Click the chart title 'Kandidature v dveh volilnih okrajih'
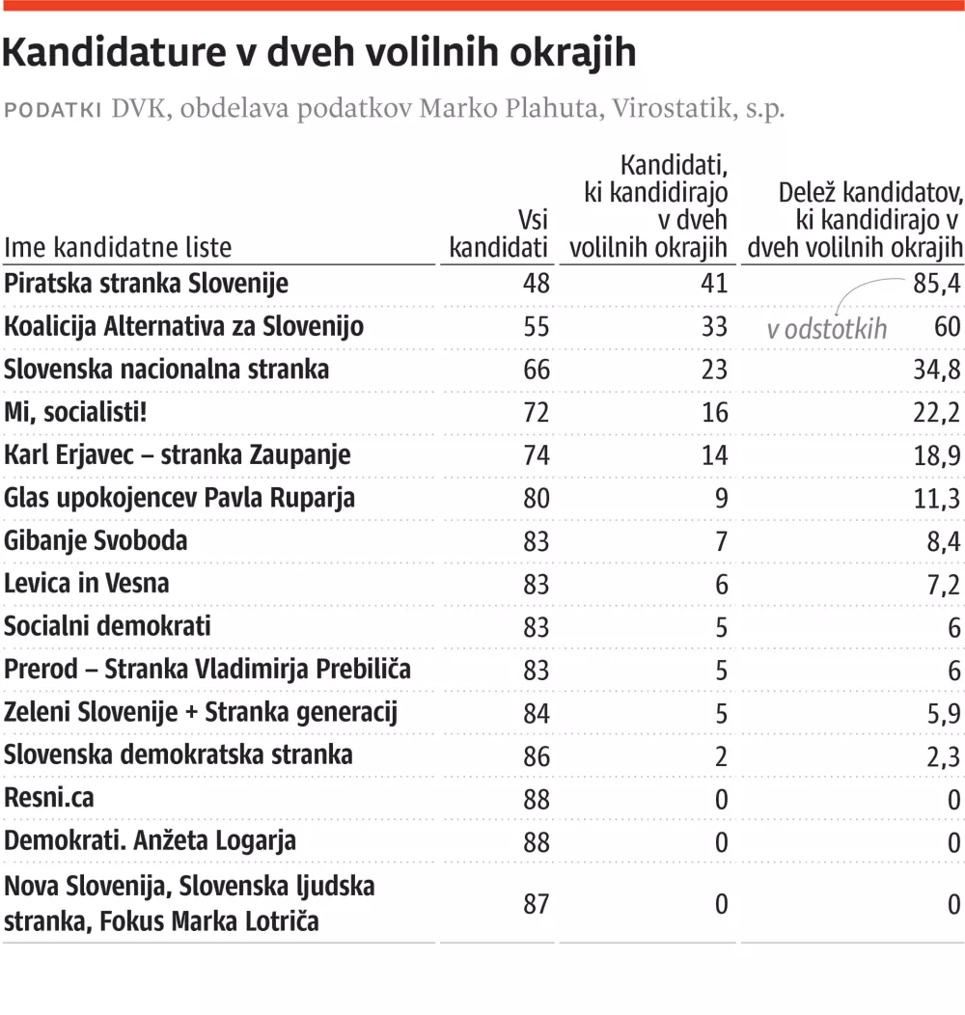tap(319, 53)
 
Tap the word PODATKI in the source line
tap(54, 109)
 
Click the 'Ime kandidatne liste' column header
tap(118, 247)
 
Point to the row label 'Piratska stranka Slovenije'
tap(146, 284)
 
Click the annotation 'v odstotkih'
tap(826, 329)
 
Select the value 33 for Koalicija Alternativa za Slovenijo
tap(714, 326)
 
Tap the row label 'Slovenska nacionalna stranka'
tap(166, 369)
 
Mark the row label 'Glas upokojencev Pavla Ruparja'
tap(179, 498)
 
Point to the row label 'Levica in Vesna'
tap(86, 583)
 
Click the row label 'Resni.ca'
tap(49, 798)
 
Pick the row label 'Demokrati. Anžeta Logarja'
tap(150, 840)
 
